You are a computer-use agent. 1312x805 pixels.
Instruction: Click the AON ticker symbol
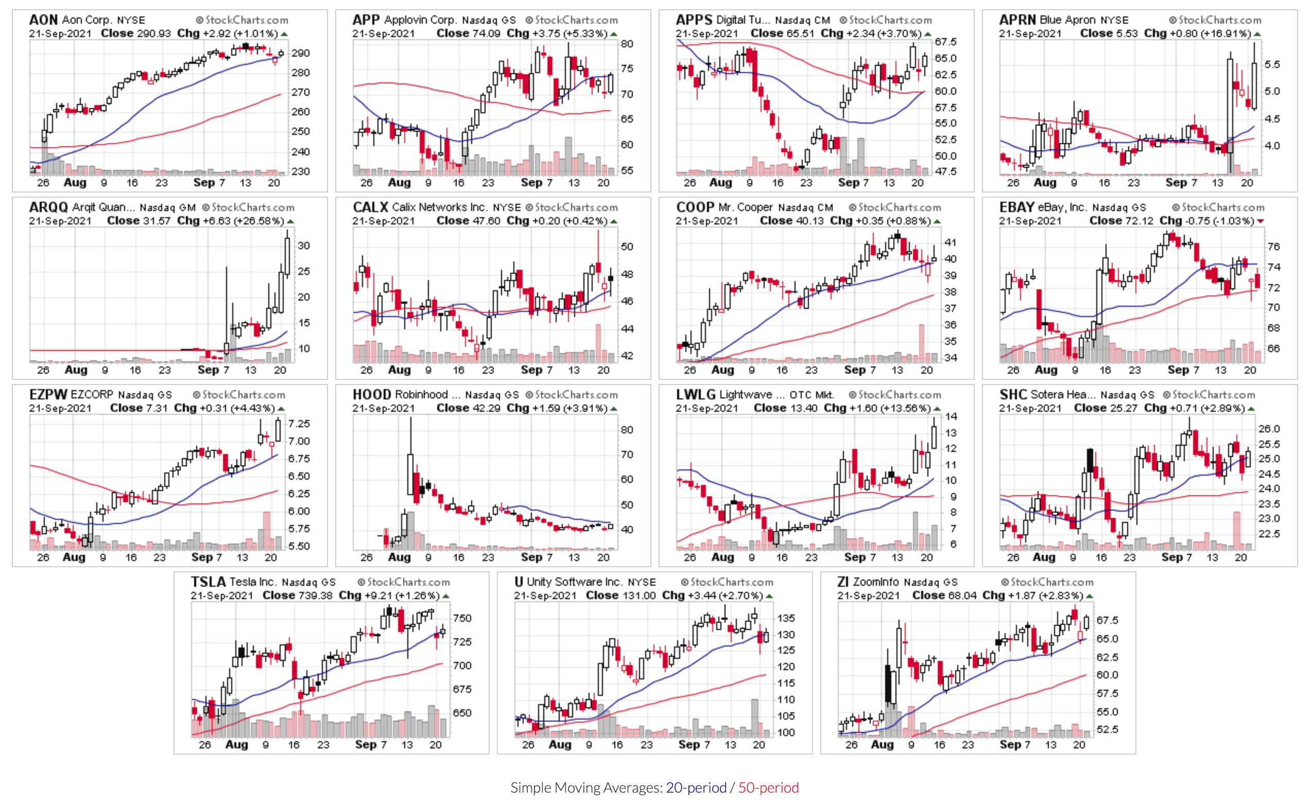click(x=43, y=20)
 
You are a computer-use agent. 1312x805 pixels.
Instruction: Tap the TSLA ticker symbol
click(x=208, y=582)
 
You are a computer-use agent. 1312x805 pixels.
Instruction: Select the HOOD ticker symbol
click(x=372, y=394)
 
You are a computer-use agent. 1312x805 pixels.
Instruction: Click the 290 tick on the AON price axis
click(x=300, y=53)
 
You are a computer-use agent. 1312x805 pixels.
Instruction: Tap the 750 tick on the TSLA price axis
click(x=462, y=618)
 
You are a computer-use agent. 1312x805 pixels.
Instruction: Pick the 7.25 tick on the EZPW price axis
click(x=299, y=424)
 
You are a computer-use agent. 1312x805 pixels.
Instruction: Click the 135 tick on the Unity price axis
click(x=786, y=618)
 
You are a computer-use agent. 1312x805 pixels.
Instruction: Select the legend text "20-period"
click(x=696, y=787)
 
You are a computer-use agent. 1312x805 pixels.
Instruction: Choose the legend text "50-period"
click(x=768, y=787)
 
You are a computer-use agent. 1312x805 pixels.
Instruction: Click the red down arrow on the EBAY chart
click(x=1261, y=221)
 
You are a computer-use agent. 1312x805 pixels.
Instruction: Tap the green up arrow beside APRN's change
click(x=1257, y=33)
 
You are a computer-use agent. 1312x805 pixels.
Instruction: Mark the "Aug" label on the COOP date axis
click(x=722, y=370)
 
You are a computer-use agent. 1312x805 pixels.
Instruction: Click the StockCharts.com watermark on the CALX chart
click(x=572, y=207)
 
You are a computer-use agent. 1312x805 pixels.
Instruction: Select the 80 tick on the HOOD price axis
click(x=627, y=430)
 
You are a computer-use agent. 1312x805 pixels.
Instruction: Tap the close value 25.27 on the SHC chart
click(x=1123, y=408)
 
